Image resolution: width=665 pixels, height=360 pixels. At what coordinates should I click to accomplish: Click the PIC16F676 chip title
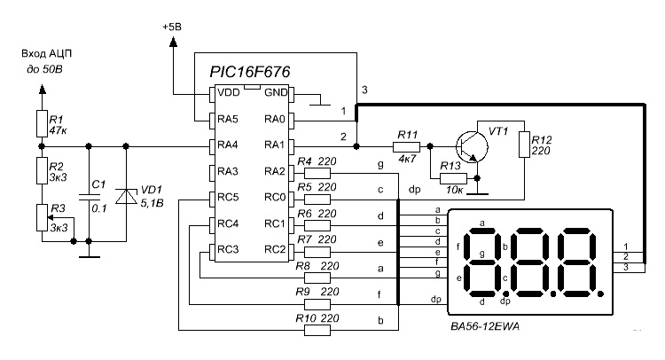250,72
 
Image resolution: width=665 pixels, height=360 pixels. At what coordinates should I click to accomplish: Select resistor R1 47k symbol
42,123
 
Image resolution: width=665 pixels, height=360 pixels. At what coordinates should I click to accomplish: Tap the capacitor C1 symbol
89,197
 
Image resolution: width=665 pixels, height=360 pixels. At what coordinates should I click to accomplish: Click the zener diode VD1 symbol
126,196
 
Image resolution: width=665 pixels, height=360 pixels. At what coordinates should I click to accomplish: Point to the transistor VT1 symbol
472,146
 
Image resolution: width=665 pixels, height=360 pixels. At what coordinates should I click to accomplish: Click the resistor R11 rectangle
406,146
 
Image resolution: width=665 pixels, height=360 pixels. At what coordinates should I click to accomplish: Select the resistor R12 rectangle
525,145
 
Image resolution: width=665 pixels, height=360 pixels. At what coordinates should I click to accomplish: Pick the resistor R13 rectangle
453,178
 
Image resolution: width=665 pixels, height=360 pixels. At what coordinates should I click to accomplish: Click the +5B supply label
172,27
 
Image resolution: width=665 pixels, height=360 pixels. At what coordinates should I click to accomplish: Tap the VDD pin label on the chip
229,92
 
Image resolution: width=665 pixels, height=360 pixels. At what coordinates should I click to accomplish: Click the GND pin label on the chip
276,92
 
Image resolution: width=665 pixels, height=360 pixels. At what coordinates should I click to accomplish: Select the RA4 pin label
228,145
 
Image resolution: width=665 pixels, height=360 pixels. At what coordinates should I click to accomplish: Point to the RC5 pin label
228,197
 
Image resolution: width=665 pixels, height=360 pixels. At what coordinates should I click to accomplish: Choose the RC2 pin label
275,249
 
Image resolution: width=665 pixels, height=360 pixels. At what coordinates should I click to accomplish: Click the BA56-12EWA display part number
485,326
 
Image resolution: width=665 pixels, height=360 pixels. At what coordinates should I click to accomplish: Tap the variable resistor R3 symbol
42,217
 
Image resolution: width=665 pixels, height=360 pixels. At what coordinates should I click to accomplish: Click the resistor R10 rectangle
317,331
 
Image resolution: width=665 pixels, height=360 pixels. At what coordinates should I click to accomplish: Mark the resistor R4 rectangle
317,173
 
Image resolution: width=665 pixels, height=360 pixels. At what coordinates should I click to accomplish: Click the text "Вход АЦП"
47,54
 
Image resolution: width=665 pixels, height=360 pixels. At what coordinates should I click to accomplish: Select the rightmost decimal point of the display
599,293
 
